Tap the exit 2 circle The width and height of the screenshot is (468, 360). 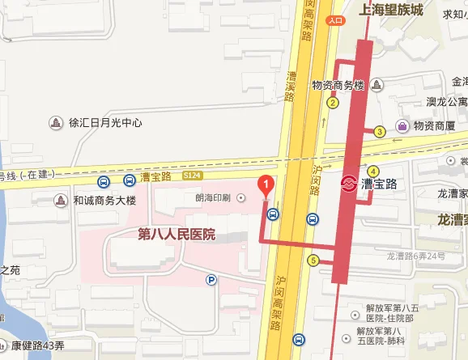(x=332, y=103)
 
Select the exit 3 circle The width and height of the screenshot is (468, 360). (x=379, y=132)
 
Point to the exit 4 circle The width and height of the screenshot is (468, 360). (x=372, y=171)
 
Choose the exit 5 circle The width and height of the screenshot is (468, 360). (x=313, y=260)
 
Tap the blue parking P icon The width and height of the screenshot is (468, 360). (x=211, y=280)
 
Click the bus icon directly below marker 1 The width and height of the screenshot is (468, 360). (x=273, y=214)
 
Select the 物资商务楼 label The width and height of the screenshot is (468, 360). (x=339, y=87)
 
